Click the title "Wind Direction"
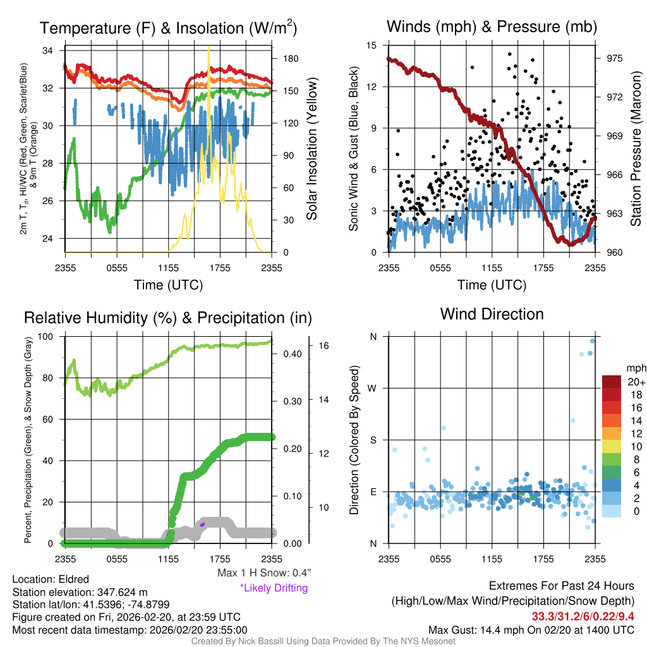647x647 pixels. (x=492, y=314)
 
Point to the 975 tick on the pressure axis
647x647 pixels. (x=615, y=58)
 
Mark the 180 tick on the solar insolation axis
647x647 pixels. (x=291, y=59)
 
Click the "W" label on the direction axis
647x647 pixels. (x=373, y=388)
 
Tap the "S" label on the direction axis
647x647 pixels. (x=373, y=440)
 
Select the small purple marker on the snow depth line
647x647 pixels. (x=202, y=524)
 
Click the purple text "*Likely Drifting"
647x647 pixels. (x=274, y=588)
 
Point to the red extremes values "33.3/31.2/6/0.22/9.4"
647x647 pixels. (x=583, y=616)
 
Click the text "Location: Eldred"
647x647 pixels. (x=51, y=579)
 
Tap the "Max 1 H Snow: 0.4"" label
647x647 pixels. (x=263, y=573)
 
